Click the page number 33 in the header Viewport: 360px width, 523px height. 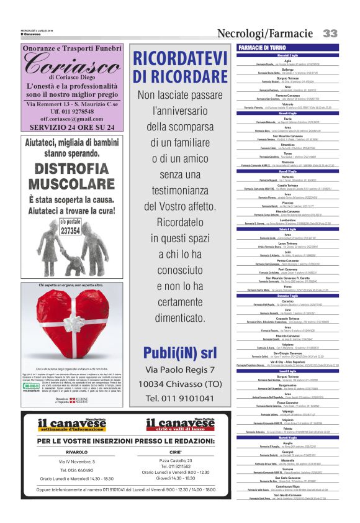coord(330,32)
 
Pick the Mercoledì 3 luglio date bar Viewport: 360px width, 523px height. coord(288,55)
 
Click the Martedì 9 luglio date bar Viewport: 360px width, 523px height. coord(288,438)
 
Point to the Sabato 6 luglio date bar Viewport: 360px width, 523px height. coord(288,229)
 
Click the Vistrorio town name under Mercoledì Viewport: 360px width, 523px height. coord(288,104)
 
